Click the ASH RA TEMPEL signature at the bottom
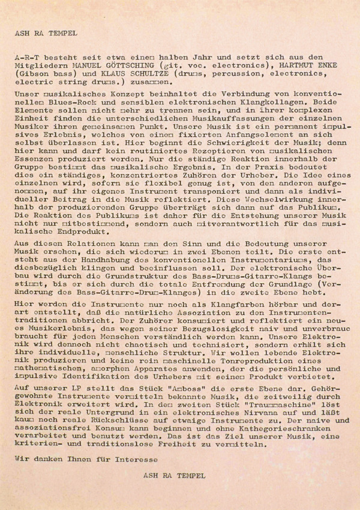(x=175, y=473)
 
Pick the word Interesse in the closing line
(x=134, y=458)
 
